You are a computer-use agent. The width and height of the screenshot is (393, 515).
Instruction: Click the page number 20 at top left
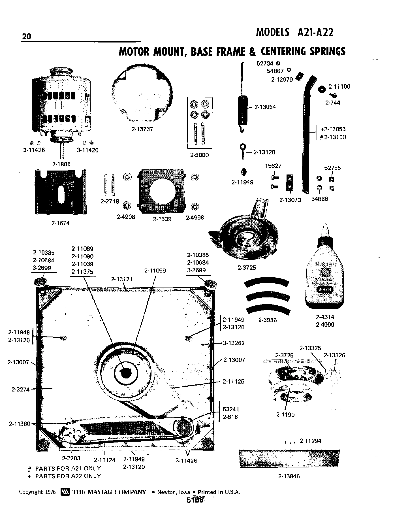27,37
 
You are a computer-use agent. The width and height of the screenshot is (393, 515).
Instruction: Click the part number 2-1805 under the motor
61,164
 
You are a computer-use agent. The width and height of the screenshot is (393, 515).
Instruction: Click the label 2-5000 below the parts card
199,155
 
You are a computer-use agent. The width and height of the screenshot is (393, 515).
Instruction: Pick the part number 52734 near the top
265,63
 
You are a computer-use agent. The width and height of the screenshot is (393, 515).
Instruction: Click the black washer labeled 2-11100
322,89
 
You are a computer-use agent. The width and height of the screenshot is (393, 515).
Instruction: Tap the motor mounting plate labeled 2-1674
61,192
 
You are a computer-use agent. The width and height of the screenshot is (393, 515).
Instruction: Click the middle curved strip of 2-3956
268,297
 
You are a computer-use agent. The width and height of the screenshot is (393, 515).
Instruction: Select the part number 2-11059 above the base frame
155,271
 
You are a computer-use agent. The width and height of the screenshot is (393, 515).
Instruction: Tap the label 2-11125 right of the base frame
233,382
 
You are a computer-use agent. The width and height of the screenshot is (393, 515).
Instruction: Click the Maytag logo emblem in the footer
65,492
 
